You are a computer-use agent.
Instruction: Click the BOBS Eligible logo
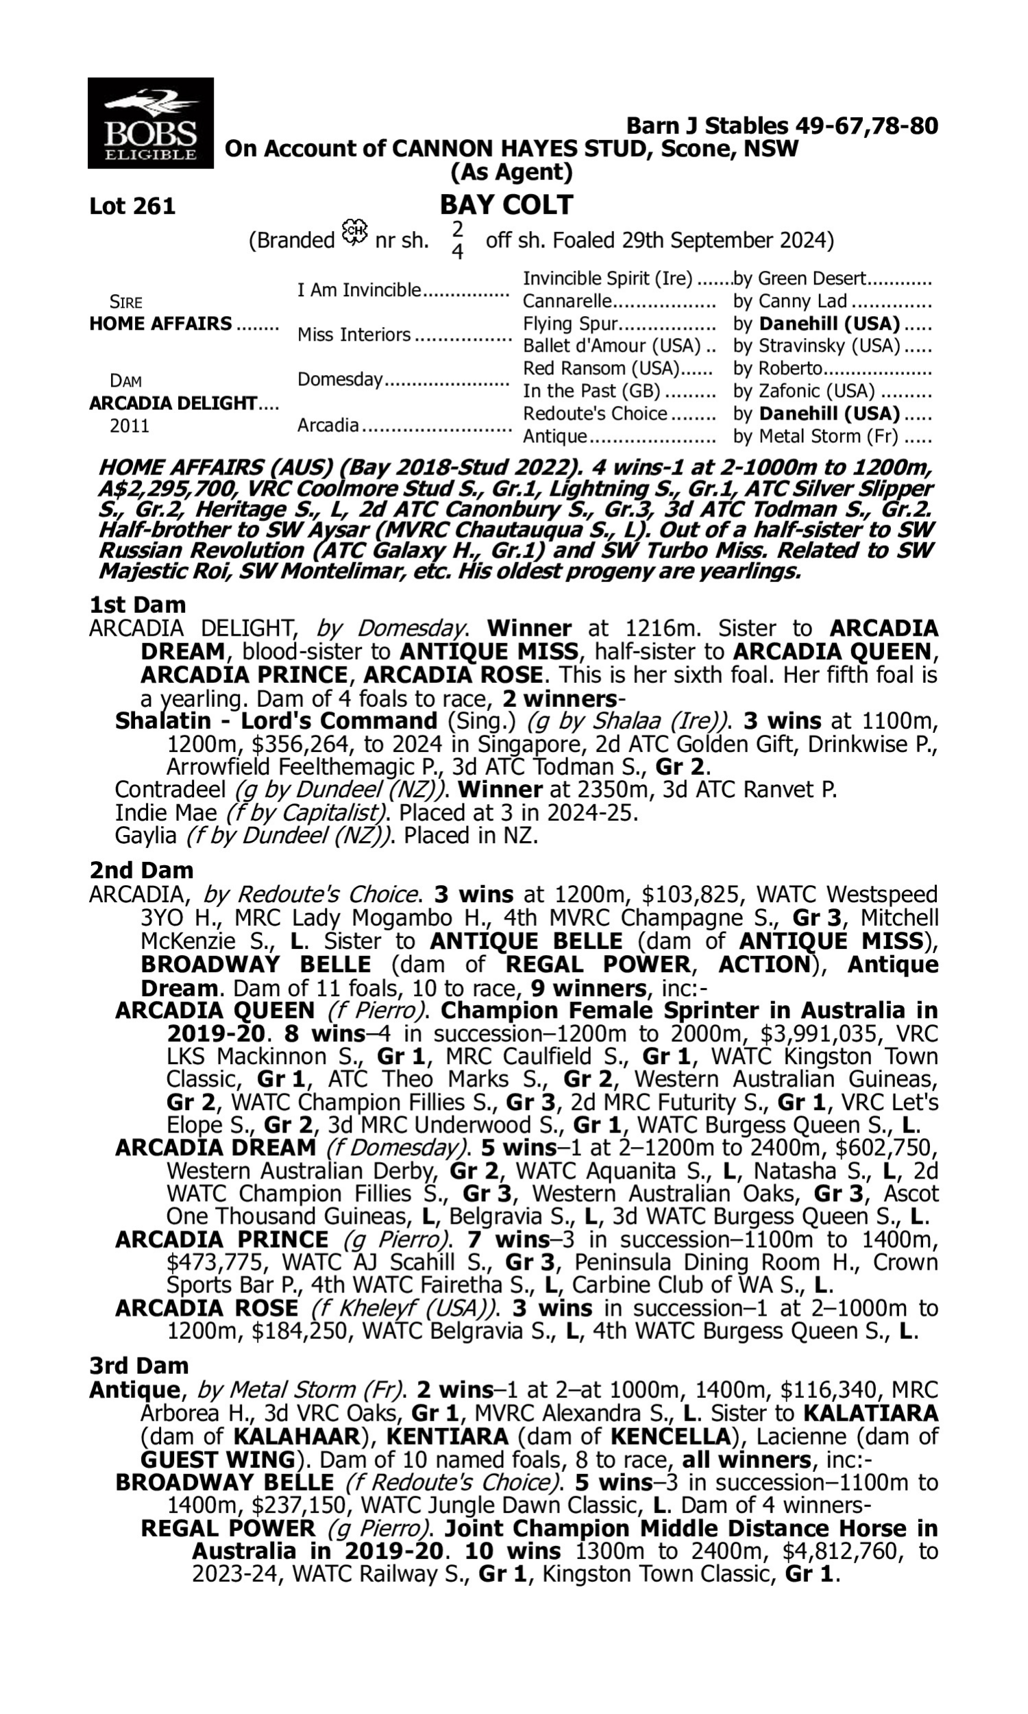click(x=150, y=123)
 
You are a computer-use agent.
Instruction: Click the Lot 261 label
click(x=132, y=206)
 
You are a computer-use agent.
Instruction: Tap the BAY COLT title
click(x=506, y=204)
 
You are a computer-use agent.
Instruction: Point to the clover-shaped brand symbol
click(x=355, y=232)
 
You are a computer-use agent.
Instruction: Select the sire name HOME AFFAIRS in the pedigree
click(x=161, y=324)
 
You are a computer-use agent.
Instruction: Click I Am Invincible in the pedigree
click(x=359, y=289)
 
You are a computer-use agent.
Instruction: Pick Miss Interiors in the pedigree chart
click(x=354, y=335)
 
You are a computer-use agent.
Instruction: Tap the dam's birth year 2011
click(x=130, y=425)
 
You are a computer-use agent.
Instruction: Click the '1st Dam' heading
click(x=137, y=605)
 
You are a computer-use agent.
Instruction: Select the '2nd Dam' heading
click(x=140, y=870)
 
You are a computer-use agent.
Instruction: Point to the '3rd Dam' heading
click(x=138, y=1365)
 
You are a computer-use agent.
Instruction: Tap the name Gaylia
click(x=145, y=836)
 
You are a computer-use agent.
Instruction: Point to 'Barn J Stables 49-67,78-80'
click(x=781, y=125)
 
